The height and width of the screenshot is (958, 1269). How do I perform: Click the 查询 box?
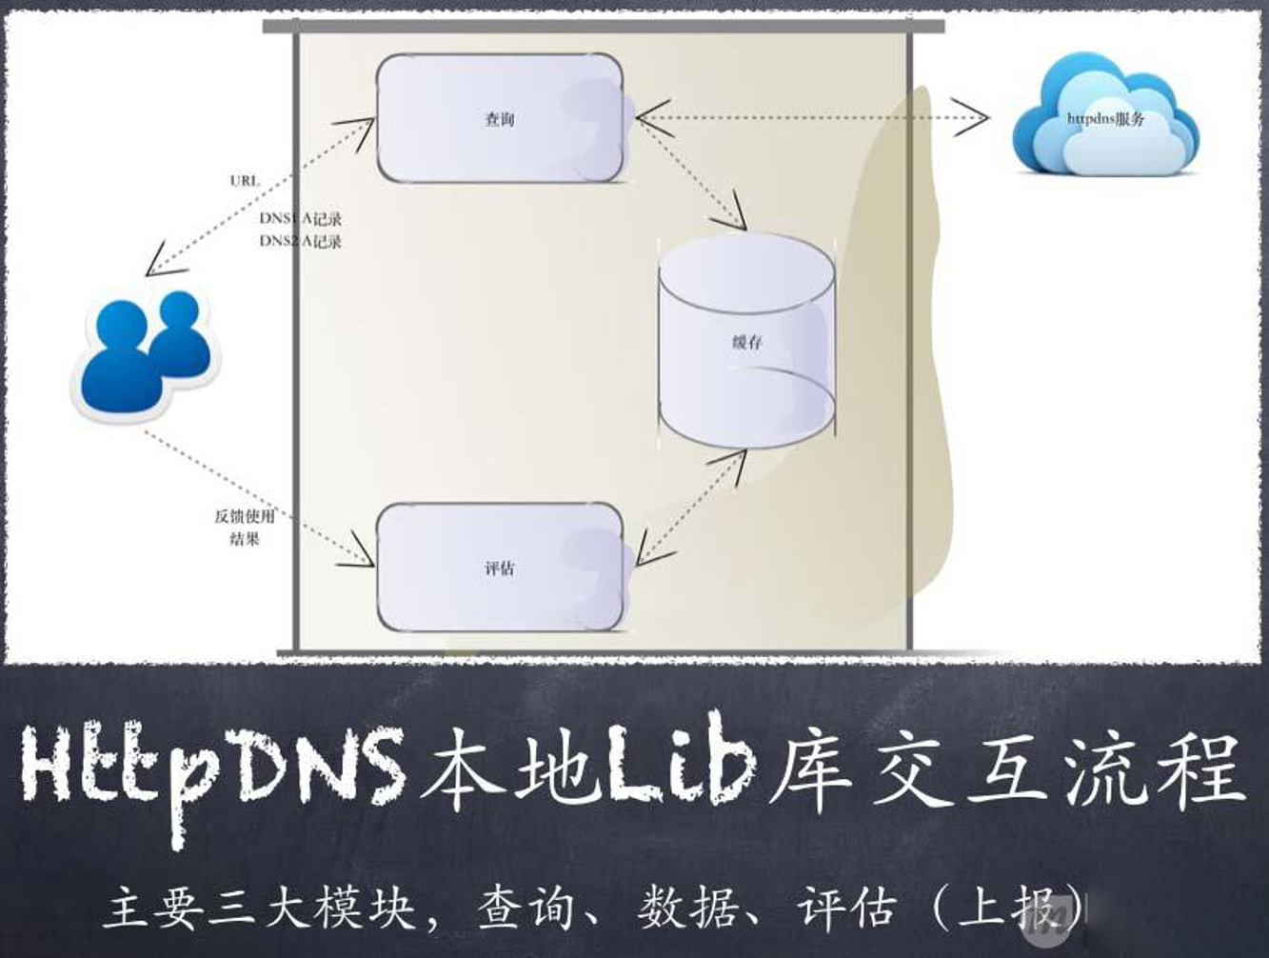tap(500, 119)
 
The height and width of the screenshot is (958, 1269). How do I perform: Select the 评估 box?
tap(500, 569)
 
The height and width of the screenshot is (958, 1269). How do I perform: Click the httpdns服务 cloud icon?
tap(1104, 118)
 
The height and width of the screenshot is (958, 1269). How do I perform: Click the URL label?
tap(245, 180)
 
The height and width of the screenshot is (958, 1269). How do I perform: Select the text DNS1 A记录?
tap(301, 219)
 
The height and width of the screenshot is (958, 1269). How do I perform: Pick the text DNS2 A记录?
tap(301, 242)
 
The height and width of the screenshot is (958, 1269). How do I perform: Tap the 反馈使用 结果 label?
tap(245, 528)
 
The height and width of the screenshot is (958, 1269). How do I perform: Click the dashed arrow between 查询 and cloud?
tap(809, 118)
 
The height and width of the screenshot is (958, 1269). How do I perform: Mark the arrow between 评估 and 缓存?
tap(691, 509)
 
